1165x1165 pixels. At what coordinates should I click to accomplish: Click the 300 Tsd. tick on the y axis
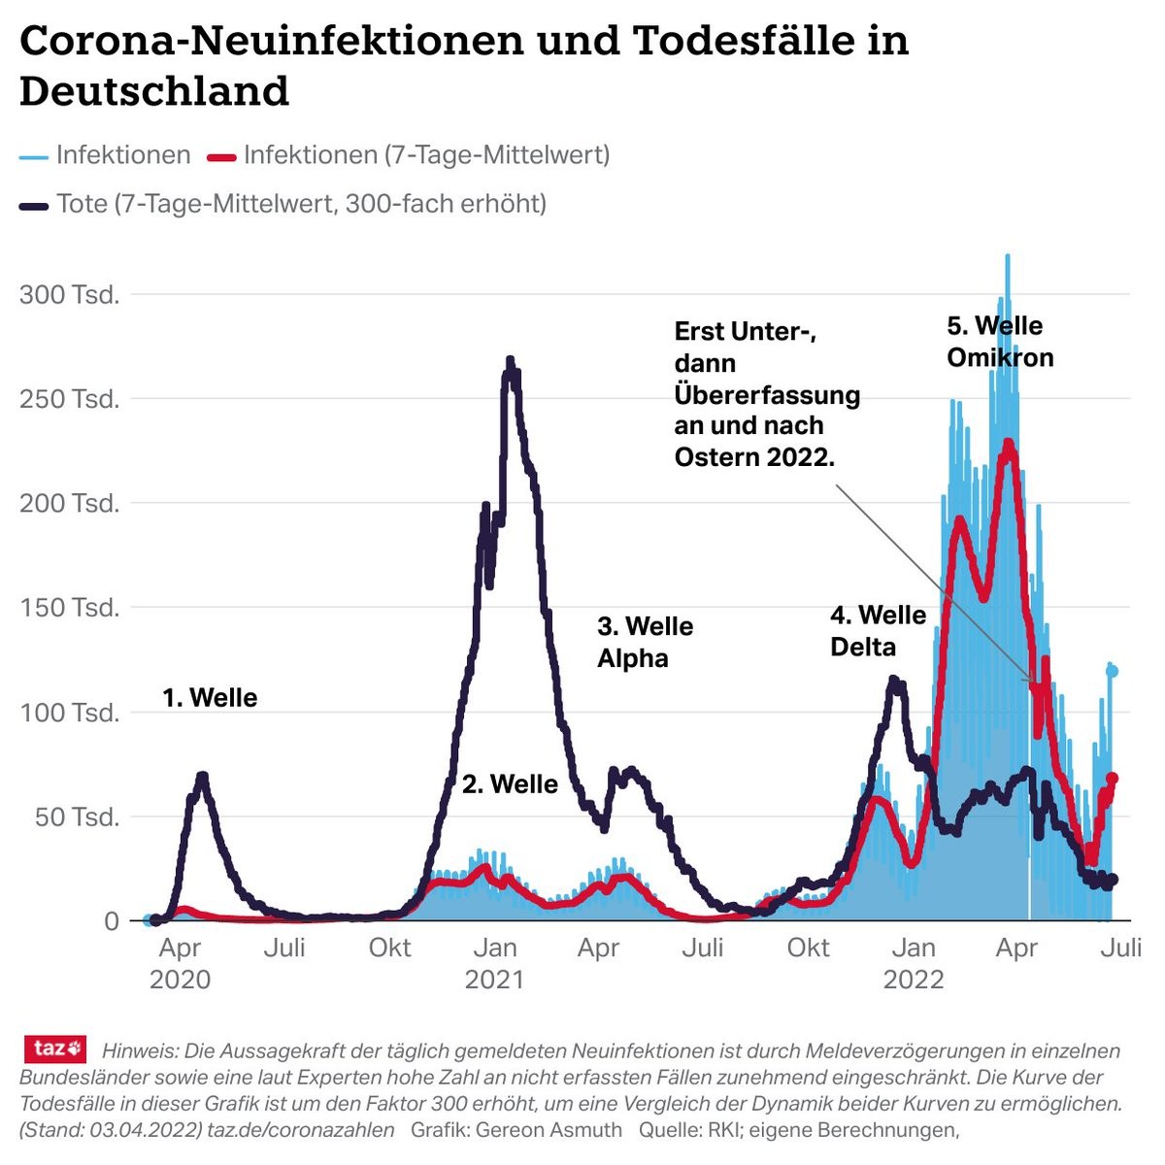tap(70, 294)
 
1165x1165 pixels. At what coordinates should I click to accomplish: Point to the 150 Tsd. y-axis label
tap(70, 608)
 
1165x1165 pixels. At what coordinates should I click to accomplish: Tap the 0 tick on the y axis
tap(111, 920)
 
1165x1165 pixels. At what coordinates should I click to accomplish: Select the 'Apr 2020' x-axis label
tap(180, 962)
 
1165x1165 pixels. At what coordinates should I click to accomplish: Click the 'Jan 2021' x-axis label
tap(494, 962)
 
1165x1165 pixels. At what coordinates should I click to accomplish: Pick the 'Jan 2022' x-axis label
tap(913, 962)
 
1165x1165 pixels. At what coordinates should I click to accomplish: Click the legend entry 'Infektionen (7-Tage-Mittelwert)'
tap(426, 154)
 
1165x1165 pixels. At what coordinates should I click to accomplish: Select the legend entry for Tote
tap(301, 204)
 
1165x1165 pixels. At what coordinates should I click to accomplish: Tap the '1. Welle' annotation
tap(210, 697)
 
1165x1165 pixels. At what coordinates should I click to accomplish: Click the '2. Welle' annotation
tap(510, 783)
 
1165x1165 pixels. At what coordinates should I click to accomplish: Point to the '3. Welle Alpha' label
tap(645, 642)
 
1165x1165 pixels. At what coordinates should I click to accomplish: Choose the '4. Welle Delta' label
tap(878, 630)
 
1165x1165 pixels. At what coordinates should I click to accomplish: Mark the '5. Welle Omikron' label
tap(1000, 341)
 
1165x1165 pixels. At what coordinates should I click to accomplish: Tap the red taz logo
tap(55, 1048)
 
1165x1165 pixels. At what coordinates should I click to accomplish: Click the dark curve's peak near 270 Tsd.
tap(511, 361)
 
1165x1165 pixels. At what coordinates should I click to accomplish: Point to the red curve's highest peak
tap(1009, 443)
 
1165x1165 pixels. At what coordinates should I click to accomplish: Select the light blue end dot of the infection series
tap(1112, 671)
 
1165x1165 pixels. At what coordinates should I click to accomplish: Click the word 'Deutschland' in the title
tap(154, 91)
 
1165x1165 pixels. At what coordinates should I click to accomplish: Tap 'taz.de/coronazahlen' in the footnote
tap(301, 1129)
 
